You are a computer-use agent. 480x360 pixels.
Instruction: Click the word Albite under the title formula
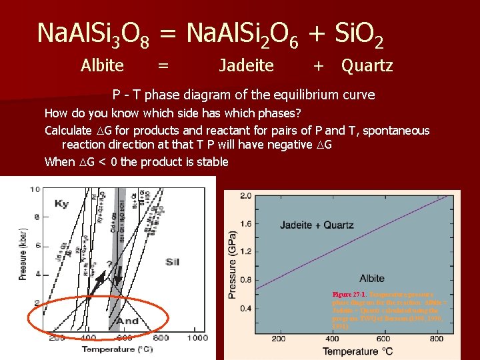pyautogui.click(x=102, y=65)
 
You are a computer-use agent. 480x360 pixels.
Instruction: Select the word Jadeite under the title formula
pyautogui.click(x=246, y=65)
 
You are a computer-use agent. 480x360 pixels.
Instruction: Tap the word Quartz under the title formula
pyautogui.click(x=367, y=65)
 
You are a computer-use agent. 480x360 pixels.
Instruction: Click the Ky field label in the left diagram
pyautogui.click(x=62, y=203)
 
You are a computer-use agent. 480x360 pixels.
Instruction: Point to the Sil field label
pyautogui.click(x=172, y=262)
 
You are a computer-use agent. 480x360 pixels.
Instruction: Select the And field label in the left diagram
pyautogui.click(x=127, y=321)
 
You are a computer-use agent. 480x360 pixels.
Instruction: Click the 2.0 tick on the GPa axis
pyautogui.click(x=245, y=196)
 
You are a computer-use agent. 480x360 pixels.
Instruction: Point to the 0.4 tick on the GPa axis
pyautogui.click(x=245, y=309)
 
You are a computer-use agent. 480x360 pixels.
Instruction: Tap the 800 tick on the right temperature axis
pyautogui.click(x=437, y=339)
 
